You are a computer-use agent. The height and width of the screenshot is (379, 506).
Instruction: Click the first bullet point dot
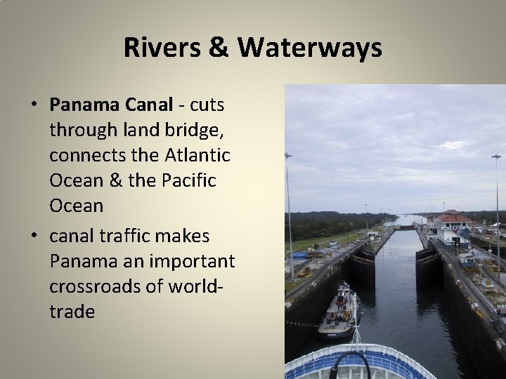click(34, 106)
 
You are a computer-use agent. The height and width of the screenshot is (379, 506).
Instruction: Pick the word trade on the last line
click(72, 312)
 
